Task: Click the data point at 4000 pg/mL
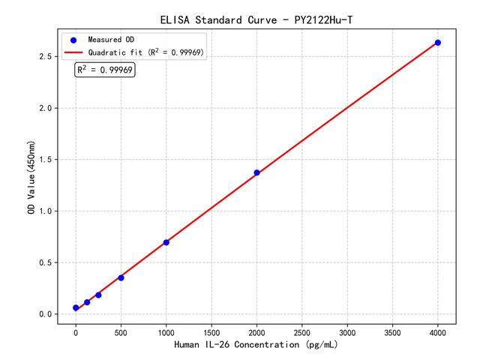click(x=438, y=43)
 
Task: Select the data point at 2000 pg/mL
click(x=256, y=172)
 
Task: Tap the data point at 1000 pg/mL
click(x=166, y=242)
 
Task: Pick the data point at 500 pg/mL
click(x=121, y=277)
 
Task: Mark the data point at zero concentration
click(x=76, y=307)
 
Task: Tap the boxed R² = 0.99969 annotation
click(x=105, y=70)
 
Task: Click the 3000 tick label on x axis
click(x=347, y=331)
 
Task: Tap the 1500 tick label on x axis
click(x=211, y=331)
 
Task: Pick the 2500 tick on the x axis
click(x=302, y=331)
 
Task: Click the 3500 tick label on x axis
click(x=393, y=331)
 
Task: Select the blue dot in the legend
click(x=73, y=39)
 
